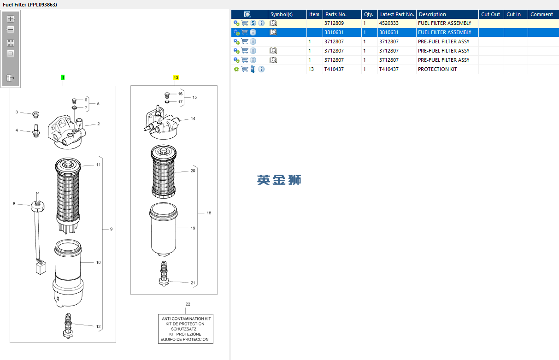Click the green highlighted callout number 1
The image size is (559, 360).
coord(63,77)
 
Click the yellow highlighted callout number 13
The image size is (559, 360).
coord(176,77)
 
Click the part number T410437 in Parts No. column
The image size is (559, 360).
coord(334,69)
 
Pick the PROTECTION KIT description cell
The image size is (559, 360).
coord(437,69)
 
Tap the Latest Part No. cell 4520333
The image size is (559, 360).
coord(388,23)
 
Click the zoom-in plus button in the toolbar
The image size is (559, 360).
coord(11,19)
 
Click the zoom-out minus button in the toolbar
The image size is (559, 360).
coord(11,30)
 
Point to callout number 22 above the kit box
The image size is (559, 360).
coord(188,304)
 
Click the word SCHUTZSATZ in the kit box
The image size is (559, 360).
coord(184,329)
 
